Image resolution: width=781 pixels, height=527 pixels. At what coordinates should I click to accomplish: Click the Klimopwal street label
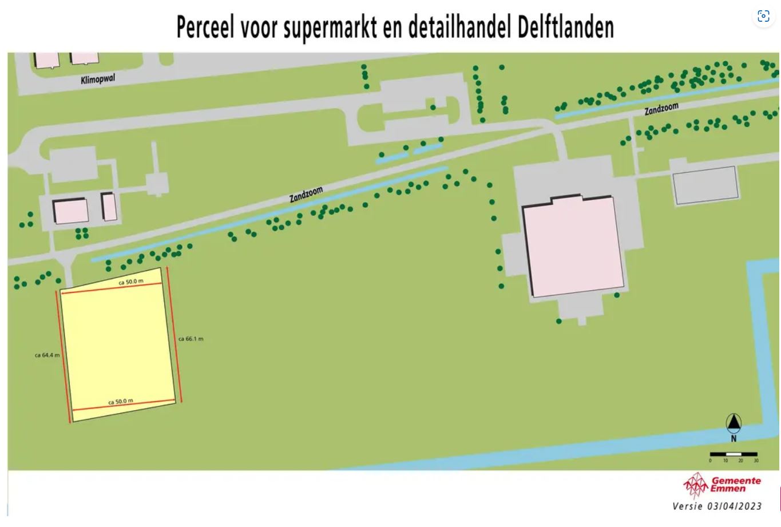[x=98, y=79]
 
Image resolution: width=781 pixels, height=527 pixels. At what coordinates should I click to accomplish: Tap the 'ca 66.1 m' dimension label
[x=191, y=339]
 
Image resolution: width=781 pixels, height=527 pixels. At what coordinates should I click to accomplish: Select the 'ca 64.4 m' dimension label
[x=47, y=355]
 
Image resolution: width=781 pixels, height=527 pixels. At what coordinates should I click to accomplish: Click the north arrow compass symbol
[x=734, y=423]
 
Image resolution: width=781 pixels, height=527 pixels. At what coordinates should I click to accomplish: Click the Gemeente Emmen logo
[x=723, y=485]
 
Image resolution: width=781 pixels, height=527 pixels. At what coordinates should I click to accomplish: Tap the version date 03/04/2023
[x=735, y=506]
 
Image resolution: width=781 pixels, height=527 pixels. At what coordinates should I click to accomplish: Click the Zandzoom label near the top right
[x=661, y=109]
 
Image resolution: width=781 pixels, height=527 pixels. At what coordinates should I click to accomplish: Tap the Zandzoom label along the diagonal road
[x=306, y=195]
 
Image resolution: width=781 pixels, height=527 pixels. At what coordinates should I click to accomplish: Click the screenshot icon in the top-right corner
[x=763, y=16]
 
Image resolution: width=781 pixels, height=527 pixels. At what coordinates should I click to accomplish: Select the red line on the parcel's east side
[x=174, y=334]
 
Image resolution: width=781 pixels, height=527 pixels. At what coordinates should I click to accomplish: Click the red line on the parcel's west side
[x=65, y=356]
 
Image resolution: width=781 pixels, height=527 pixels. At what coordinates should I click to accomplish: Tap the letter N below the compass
[x=734, y=439]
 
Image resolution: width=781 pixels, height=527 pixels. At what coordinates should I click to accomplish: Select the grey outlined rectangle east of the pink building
[x=705, y=185]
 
